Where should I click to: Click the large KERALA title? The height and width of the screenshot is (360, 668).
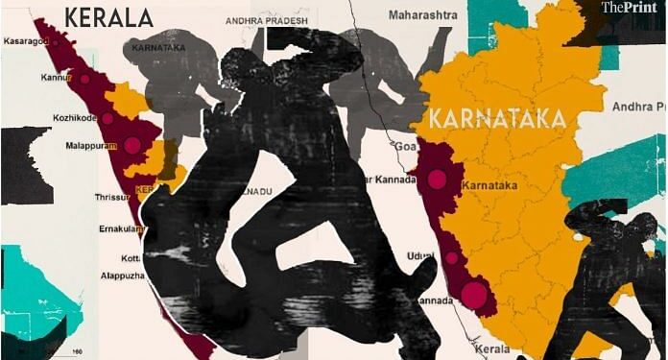[108, 16]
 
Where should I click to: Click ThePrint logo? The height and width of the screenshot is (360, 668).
[631, 10]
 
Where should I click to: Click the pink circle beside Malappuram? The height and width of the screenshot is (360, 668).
[131, 147]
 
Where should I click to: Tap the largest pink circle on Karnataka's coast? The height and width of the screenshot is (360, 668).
[473, 295]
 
